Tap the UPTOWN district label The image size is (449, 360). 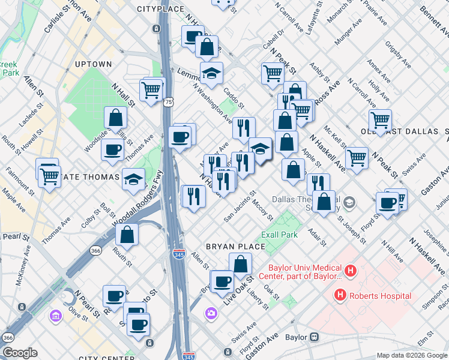click(x=93, y=64)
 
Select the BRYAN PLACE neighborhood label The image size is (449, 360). click(x=235, y=247)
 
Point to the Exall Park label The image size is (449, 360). click(x=279, y=235)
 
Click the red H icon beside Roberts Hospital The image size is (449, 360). click(x=340, y=295)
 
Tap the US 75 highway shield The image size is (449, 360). click(x=170, y=103)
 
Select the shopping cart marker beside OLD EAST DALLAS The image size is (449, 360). click(x=381, y=120)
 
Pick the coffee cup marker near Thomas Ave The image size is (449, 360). click(x=112, y=150)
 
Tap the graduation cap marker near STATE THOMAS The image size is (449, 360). click(x=133, y=178)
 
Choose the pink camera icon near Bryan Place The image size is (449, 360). click(x=211, y=313)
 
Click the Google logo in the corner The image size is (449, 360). click(x=20, y=353)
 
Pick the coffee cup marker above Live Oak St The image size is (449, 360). click(x=222, y=281)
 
